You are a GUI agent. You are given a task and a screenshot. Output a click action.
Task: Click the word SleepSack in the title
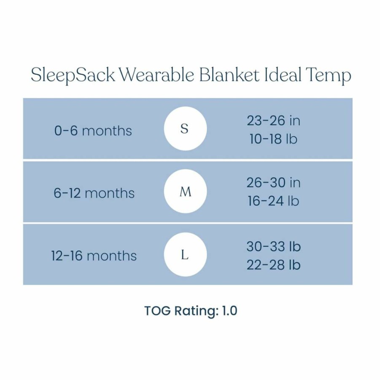point(73,75)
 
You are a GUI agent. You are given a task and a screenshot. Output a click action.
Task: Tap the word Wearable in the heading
point(157,74)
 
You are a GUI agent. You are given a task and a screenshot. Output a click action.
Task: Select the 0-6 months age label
point(93,131)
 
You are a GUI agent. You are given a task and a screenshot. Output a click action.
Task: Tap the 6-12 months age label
point(94,193)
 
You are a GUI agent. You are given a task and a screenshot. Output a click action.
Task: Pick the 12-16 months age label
point(94,256)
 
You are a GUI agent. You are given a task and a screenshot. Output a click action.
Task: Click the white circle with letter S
point(186,129)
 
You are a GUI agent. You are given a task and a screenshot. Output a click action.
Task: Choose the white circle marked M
point(186,191)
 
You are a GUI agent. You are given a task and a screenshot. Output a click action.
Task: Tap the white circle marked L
point(186,254)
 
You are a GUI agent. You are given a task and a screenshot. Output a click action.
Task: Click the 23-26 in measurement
point(274,121)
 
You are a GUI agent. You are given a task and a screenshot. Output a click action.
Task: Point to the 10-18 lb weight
point(273,139)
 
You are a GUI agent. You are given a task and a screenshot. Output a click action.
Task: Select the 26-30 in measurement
point(274,183)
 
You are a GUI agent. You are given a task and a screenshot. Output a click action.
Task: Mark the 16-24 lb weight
point(273,201)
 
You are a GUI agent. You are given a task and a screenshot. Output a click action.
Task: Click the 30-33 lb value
point(274,246)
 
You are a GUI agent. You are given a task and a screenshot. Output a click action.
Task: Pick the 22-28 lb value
point(274,264)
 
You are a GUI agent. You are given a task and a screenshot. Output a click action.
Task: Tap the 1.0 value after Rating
point(229,310)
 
